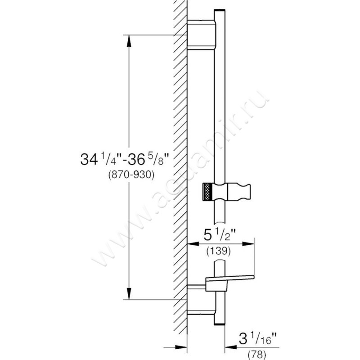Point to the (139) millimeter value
click(220, 252)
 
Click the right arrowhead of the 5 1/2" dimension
click(252, 244)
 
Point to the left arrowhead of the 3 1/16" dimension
click(184, 347)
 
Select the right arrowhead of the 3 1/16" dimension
click(227, 347)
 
